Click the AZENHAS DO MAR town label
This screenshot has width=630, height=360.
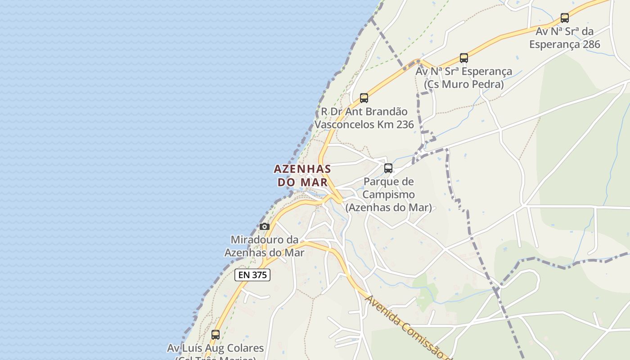[302, 175]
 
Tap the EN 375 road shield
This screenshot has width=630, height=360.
[252, 275]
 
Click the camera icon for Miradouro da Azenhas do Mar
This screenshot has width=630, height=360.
[265, 226]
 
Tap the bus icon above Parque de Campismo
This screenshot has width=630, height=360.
[388, 168]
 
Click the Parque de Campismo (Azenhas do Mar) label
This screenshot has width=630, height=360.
[388, 195]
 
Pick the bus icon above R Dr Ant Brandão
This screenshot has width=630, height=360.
[364, 98]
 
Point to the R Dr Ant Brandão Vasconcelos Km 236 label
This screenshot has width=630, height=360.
[364, 118]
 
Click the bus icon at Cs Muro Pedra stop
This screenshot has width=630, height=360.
[464, 58]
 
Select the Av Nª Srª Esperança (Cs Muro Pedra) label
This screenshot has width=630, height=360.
[464, 78]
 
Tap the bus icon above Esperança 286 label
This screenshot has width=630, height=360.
[565, 18]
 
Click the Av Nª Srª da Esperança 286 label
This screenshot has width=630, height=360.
[565, 38]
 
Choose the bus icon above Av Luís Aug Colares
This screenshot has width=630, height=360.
[216, 335]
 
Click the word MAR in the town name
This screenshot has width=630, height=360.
[314, 182]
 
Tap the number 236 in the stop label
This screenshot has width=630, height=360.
[405, 125]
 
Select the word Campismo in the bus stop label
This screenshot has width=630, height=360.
[388, 195]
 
